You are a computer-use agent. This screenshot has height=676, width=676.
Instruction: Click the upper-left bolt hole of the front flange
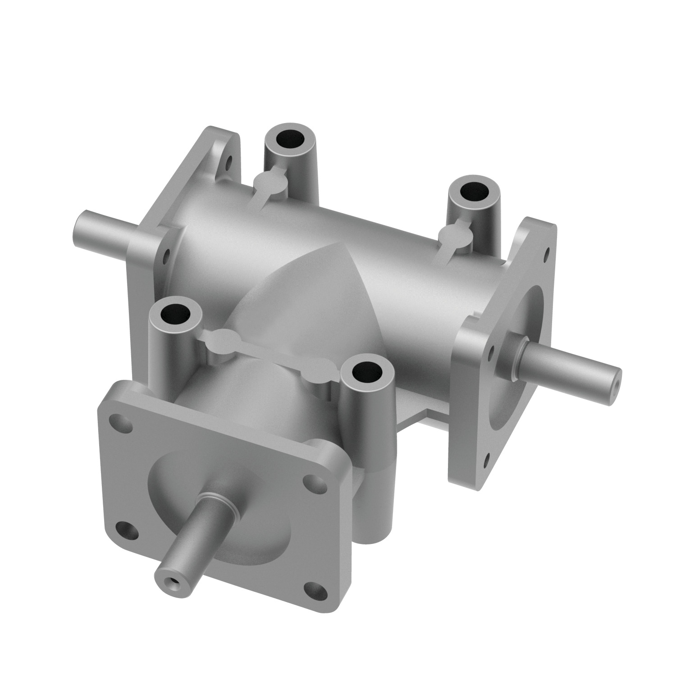click(122, 420)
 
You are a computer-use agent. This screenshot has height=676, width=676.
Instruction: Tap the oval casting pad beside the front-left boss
click(220, 336)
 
